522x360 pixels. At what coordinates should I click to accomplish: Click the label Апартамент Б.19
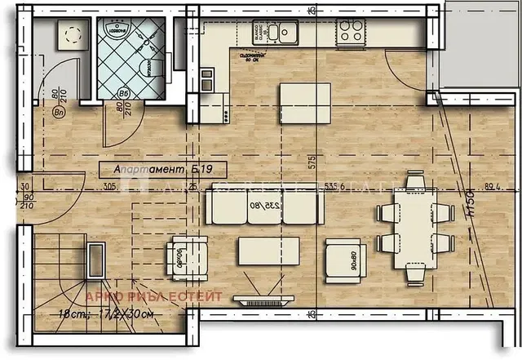(x=161, y=170)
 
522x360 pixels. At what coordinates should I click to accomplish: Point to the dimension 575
(x=311, y=159)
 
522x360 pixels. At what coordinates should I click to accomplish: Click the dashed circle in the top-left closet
(x=68, y=33)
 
